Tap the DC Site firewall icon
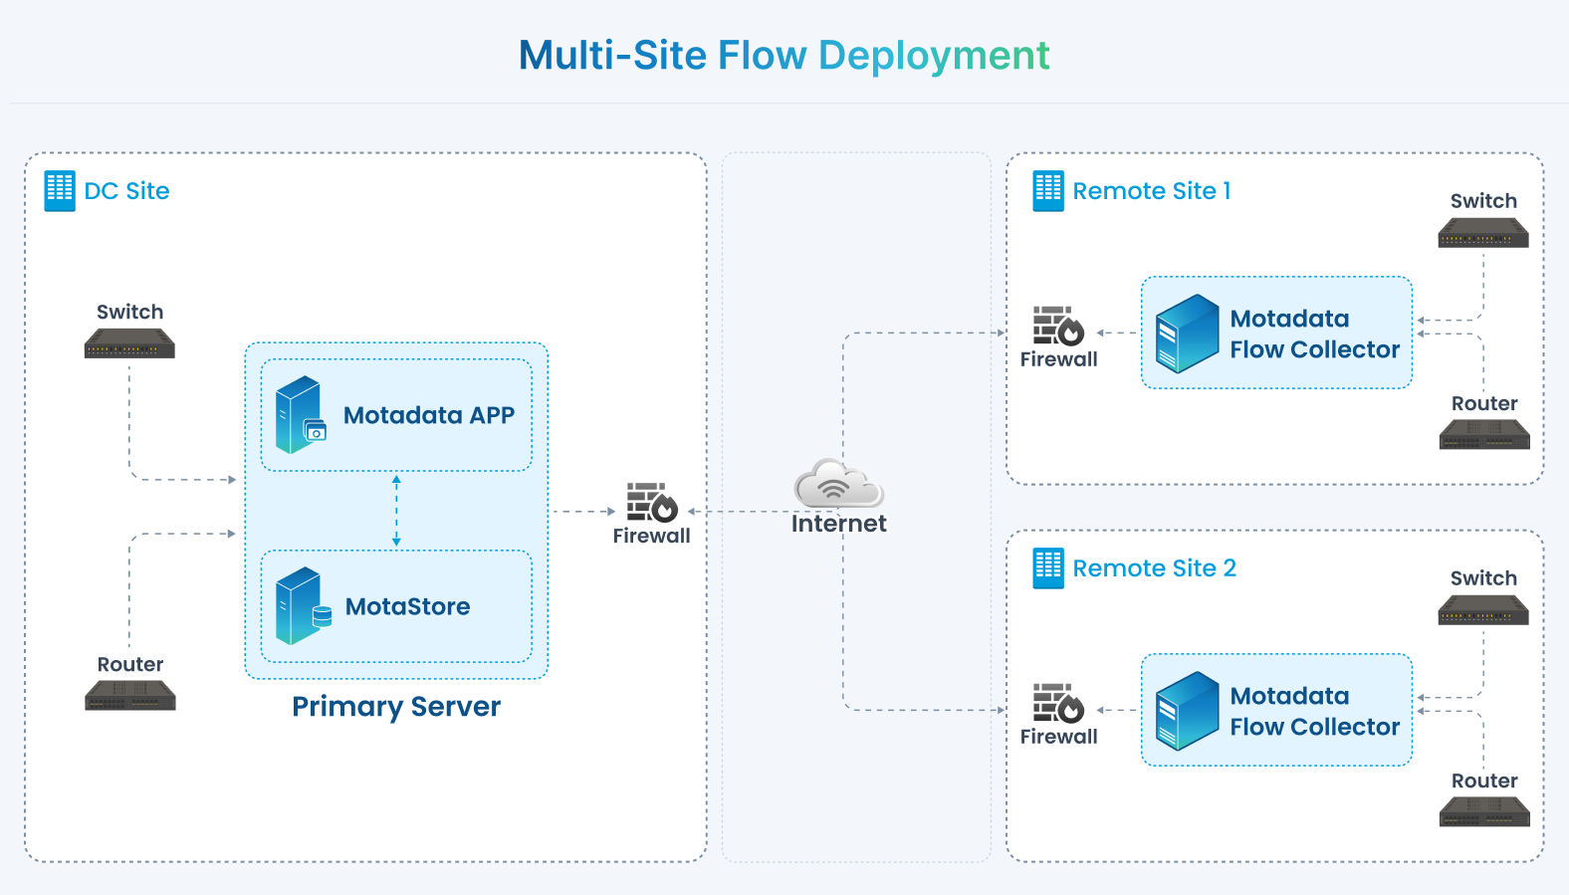click(x=652, y=502)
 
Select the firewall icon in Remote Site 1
click(x=1058, y=326)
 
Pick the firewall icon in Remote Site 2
click(x=1058, y=703)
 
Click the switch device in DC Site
click(x=129, y=343)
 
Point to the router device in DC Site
click(x=130, y=696)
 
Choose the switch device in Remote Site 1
click(x=1483, y=233)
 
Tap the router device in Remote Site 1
click(x=1485, y=434)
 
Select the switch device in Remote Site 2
click(x=1483, y=610)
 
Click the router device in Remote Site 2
click(x=1485, y=811)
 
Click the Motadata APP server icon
click(x=301, y=414)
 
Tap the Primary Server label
click(x=396, y=707)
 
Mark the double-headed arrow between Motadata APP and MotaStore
click(x=396, y=511)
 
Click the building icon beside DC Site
click(x=60, y=190)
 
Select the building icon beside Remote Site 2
click(x=1048, y=567)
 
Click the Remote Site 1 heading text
click(x=1152, y=190)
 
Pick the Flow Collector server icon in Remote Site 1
click(x=1188, y=334)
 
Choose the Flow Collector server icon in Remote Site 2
click(x=1188, y=711)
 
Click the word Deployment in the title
click(x=935, y=56)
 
